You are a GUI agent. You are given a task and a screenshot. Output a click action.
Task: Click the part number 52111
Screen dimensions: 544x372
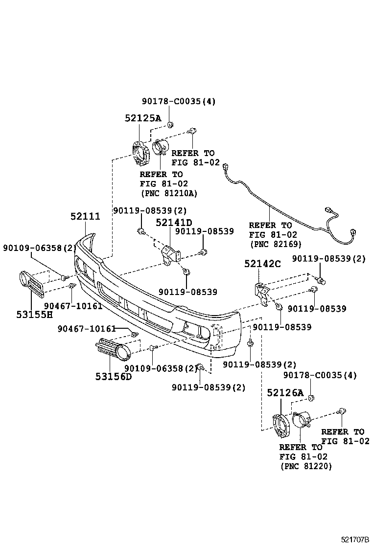(x=85, y=216)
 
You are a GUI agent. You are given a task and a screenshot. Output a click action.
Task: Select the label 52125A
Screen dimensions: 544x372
(x=142, y=118)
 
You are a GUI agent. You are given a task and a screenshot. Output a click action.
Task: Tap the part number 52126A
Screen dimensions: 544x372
(x=285, y=392)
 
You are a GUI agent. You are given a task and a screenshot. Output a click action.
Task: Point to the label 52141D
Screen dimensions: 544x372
(x=174, y=223)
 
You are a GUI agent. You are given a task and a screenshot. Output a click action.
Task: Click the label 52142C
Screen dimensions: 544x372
(x=263, y=264)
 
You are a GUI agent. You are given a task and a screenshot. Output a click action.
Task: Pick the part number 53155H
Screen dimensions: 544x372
(x=34, y=314)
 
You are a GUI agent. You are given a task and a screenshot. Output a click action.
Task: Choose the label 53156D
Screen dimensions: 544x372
(x=114, y=376)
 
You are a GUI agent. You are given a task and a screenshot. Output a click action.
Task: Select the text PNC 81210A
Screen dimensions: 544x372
(x=169, y=193)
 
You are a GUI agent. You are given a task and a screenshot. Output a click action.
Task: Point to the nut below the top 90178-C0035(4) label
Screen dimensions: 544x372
(x=170, y=124)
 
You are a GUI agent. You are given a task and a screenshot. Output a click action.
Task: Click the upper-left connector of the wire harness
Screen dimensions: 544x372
(x=226, y=167)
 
